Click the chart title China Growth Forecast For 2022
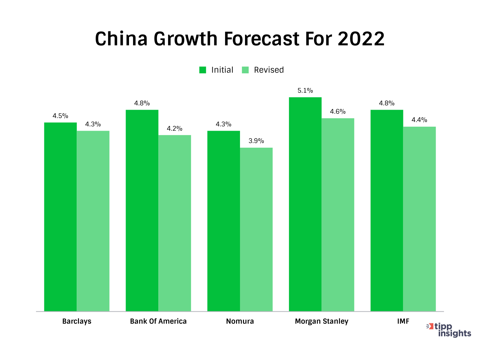(240, 39)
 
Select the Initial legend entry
(216, 70)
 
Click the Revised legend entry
(263, 70)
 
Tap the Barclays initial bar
(60, 217)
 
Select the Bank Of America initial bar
(142, 210)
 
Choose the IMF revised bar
(419, 219)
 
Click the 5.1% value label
(305, 91)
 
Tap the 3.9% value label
(256, 141)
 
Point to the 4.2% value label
(175, 129)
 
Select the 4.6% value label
(338, 112)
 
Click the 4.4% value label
(419, 120)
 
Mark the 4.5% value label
(60, 116)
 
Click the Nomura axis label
(240, 321)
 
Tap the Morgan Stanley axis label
(322, 321)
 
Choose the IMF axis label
(403, 321)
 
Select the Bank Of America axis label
(158, 321)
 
